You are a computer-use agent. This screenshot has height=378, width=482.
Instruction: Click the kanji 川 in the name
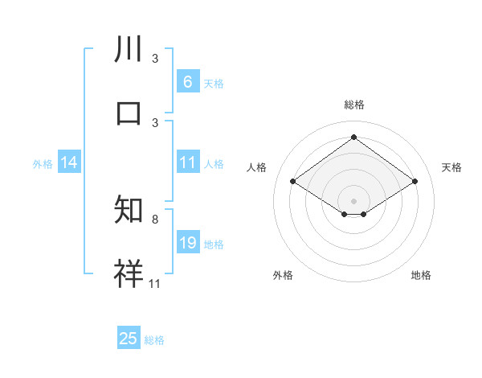129,50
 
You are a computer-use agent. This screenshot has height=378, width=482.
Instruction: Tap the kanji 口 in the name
129,113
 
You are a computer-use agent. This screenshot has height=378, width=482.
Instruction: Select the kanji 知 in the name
129,211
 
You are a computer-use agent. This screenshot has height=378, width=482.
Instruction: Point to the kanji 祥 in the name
129,273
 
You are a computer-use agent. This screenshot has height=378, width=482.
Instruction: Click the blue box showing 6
187,81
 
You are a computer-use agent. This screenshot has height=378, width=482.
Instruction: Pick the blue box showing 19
187,243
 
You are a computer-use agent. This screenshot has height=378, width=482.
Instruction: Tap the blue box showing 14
69,162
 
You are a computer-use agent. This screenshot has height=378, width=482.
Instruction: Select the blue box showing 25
129,339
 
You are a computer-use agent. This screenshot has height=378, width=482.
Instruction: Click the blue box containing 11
187,162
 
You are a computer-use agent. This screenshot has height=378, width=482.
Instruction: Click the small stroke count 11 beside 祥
154,282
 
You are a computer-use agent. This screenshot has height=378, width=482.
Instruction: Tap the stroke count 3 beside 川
154,59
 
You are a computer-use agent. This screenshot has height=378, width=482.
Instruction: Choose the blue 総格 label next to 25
154,340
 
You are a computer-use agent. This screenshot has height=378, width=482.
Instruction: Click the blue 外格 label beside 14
43,164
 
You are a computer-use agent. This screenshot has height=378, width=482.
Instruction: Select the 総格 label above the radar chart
353,105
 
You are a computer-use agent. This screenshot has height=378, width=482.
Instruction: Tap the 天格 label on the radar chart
451,167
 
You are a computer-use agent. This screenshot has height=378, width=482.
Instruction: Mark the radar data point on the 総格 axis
353,137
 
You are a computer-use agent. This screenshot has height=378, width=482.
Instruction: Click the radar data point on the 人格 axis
293,182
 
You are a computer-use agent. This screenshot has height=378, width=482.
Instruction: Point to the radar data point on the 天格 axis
415,182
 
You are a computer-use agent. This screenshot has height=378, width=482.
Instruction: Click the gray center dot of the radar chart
353,199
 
